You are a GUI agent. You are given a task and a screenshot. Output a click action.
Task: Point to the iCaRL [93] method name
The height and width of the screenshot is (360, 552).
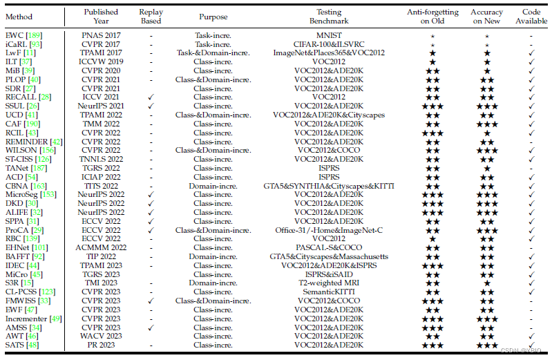pos(23,43)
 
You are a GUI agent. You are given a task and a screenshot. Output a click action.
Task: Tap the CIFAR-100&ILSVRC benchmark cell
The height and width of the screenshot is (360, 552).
pos(329,43)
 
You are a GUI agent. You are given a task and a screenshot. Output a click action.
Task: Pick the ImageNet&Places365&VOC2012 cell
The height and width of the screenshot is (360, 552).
pos(329,52)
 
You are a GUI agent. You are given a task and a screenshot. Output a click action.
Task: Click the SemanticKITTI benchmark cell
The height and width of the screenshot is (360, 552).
pos(329,292)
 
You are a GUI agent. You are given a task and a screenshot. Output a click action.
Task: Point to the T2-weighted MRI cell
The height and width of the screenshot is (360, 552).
pos(329,283)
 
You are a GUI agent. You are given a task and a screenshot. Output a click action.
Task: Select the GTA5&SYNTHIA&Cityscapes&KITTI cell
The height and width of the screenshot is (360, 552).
pos(329,185)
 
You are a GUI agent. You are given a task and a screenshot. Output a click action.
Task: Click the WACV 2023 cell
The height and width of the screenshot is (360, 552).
pos(101,336)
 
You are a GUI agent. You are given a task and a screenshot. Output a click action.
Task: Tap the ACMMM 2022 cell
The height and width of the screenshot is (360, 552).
pos(101,247)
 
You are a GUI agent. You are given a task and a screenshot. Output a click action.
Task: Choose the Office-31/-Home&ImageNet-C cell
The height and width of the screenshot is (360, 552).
pos(329,229)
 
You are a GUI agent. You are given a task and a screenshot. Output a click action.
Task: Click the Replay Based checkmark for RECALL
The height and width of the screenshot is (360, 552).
pos(150,96)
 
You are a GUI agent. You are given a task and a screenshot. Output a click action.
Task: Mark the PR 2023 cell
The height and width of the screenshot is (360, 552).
pos(101,345)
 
